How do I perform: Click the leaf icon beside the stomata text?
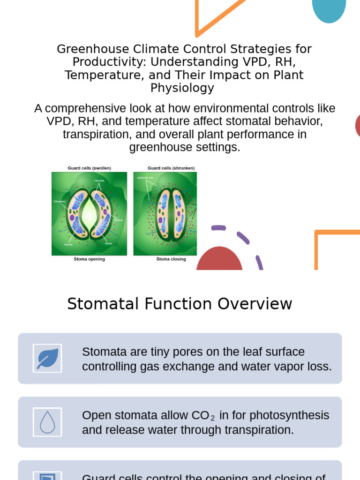point(47,359)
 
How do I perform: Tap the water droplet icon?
point(47,422)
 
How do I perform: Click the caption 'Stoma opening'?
point(89,259)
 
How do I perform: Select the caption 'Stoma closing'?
point(171,259)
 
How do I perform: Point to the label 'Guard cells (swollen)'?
point(89,168)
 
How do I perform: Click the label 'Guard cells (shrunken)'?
point(171,168)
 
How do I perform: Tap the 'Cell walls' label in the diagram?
point(99,180)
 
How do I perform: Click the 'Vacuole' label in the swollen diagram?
point(68,245)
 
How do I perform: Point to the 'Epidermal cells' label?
point(146,178)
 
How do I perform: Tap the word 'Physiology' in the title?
point(182,88)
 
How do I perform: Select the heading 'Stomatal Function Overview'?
point(180,304)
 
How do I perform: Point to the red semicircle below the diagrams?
point(219,261)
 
